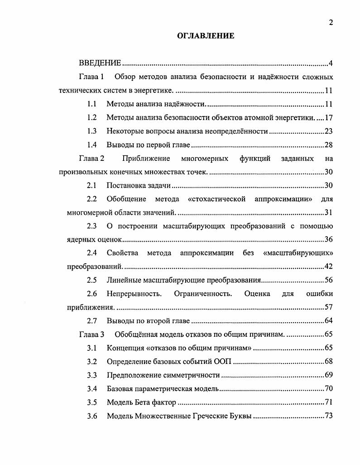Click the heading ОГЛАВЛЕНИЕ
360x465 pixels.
[x=205, y=36]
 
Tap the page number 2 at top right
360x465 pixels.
[x=331, y=23]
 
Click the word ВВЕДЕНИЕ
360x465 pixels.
[x=100, y=63]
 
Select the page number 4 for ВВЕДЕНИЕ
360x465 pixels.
[x=331, y=63]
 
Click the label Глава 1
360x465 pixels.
[x=91, y=76]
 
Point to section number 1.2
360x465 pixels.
[x=92, y=117]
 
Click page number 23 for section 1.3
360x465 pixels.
[x=329, y=131]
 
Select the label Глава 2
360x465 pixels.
[x=91, y=158]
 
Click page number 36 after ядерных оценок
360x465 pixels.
[x=329, y=239]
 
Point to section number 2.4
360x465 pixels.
[x=92, y=253]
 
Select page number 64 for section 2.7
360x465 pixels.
[x=329, y=321]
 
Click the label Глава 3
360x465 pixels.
[x=91, y=334]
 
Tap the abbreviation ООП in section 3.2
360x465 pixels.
[x=221, y=362]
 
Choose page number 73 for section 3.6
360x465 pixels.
[x=329, y=416]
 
